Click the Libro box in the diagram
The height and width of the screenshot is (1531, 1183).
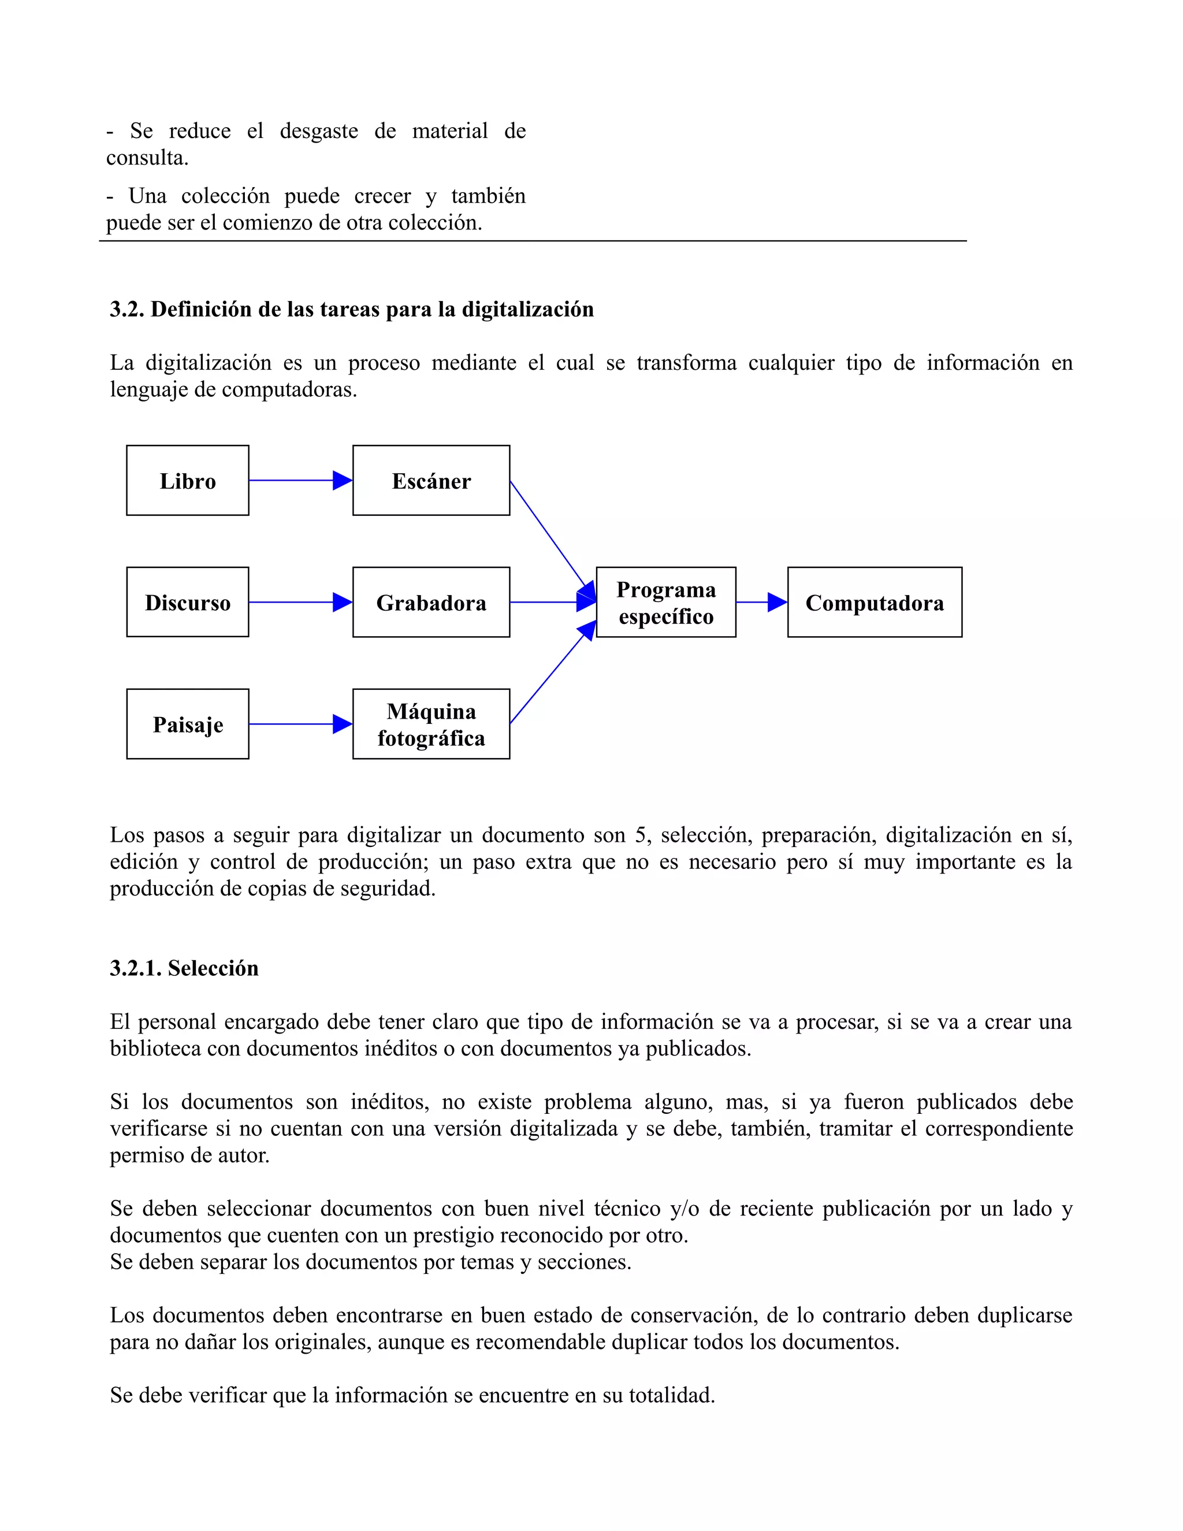[187, 481]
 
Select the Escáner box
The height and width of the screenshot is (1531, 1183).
[431, 481]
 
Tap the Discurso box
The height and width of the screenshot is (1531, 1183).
[187, 602]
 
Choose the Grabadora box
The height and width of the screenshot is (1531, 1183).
[431, 602]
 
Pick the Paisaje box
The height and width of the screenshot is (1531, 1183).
[187, 724]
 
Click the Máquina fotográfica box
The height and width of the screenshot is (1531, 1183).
[431, 724]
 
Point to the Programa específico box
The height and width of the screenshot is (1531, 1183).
[666, 602]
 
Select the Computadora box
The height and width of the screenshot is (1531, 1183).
[875, 602]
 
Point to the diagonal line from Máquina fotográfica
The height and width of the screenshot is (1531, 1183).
[549, 677]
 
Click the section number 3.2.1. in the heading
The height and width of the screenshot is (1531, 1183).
[136, 968]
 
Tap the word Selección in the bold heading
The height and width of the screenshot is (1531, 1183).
[213, 968]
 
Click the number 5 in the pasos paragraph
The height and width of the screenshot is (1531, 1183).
[640, 835]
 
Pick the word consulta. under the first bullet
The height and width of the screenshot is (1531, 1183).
[147, 158]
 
